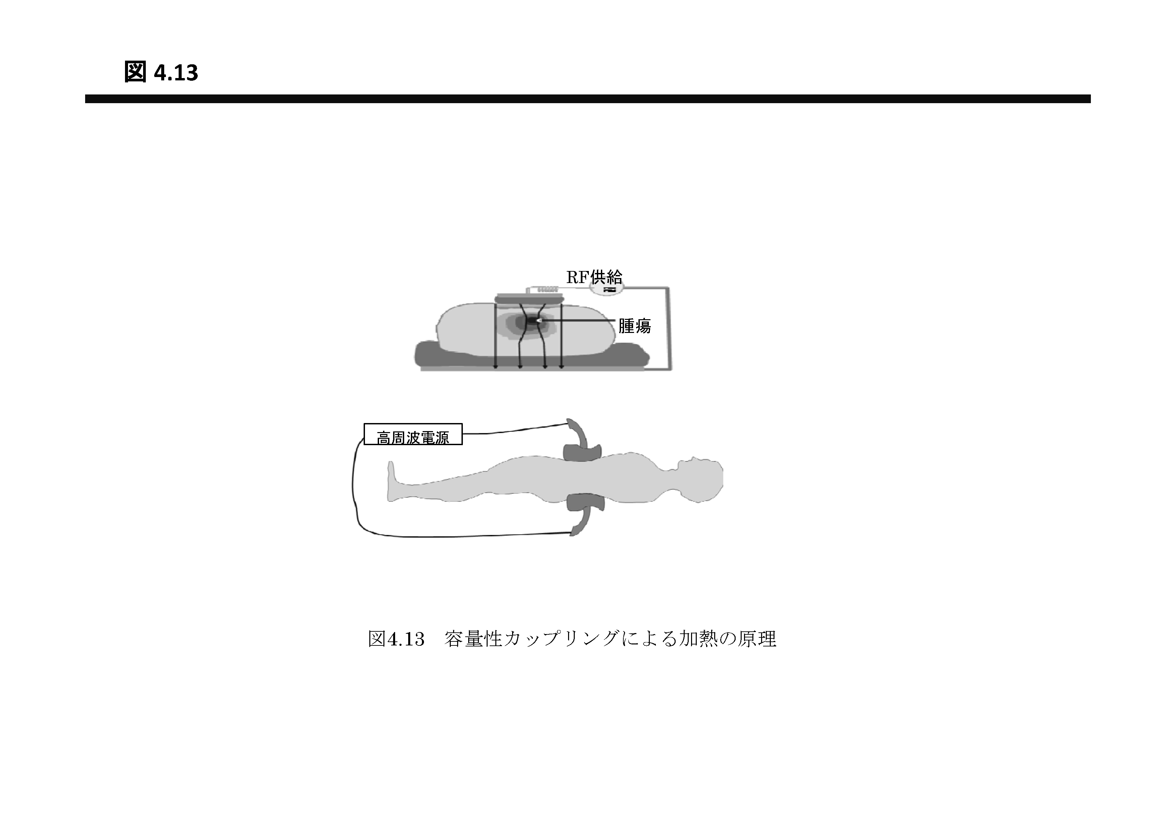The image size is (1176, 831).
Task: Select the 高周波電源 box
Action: click(413, 434)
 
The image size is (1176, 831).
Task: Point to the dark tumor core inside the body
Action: click(533, 321)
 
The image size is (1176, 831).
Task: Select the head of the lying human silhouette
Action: click(699, 479)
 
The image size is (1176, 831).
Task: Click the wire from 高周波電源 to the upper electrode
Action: click(515, 430)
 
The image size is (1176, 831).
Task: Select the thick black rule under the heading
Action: click(588, 99)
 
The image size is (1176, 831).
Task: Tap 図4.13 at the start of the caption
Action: click(396, 639)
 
